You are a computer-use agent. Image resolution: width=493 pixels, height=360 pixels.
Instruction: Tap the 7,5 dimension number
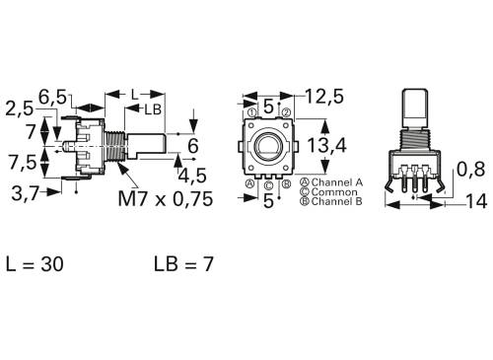click(x=25, y=161)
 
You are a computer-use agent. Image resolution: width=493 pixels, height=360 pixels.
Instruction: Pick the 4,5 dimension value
click(x=193, y=176)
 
